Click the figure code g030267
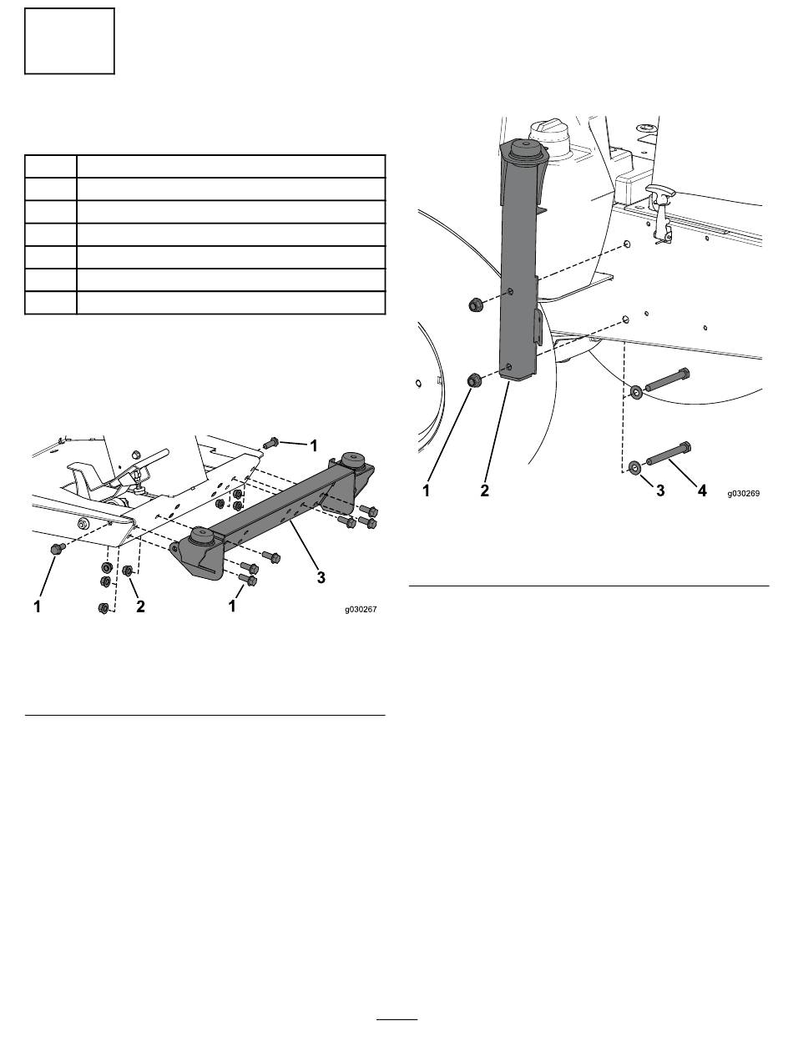361,610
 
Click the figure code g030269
743,493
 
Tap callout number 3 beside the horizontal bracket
321,576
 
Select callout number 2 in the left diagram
140,607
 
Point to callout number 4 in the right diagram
701,491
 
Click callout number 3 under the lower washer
659,491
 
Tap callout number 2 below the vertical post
486,491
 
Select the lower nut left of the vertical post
472,381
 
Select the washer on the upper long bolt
635,390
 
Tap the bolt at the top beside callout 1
270,444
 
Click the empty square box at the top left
69,41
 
